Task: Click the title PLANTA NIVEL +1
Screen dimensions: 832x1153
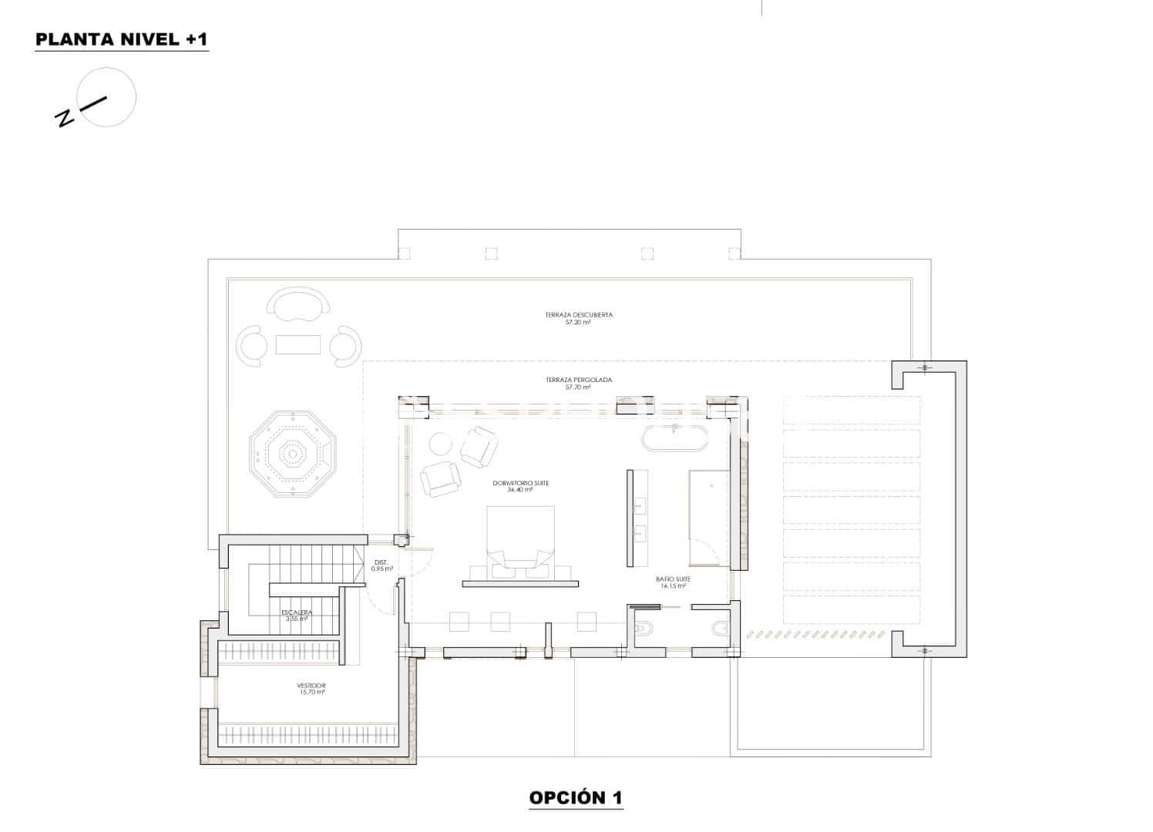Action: click(121, 40)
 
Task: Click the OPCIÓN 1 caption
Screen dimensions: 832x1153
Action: click(575, 797)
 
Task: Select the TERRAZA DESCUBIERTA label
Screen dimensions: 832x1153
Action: click(578, 315)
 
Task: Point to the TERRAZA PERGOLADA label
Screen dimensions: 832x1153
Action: click(578, 380)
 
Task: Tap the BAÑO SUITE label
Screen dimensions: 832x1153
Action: click(673, 579)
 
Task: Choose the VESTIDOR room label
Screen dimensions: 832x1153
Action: click(311, 685)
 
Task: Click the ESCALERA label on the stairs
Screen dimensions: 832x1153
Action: click(297, 612)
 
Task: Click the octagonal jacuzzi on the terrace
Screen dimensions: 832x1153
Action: click(293, 454)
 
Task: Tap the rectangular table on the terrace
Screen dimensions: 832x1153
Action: click(298, 344)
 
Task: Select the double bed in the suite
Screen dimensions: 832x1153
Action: click(520, 539)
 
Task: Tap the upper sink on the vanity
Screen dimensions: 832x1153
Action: click(639, 506)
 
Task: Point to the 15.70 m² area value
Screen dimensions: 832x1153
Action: click(311, 692)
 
